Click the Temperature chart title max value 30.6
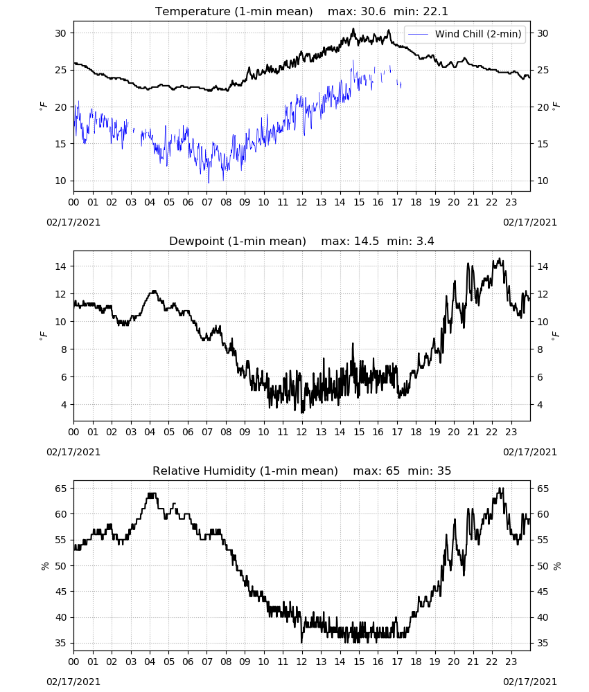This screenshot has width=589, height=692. click(373, 12)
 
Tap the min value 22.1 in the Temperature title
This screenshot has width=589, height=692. click(436, 12)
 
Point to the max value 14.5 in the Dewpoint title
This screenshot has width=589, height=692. click(367, 241)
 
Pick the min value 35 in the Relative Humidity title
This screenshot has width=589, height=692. click(444, 471)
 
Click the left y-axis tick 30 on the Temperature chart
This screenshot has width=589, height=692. click(61, 33)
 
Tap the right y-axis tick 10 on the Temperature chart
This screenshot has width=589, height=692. click(542, 181)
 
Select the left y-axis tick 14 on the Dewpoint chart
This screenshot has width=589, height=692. click(61, 266)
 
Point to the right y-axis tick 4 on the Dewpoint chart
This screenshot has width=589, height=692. click(540, 405)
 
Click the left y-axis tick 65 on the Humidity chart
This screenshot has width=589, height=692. click(61, 489)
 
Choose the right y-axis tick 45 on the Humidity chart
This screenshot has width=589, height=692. click(542, 592)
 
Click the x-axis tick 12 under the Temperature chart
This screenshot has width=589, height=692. click(302, 203)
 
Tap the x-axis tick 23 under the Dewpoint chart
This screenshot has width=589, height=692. click(511, 432)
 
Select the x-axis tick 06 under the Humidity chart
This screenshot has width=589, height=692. click(188, 662)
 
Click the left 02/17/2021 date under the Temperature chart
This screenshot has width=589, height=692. click(73, 222)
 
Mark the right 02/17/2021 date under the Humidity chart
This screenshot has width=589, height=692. click(530, 682)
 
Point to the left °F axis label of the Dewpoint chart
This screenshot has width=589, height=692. click(43, 336)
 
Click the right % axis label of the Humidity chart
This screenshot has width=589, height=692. click(556, 566)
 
